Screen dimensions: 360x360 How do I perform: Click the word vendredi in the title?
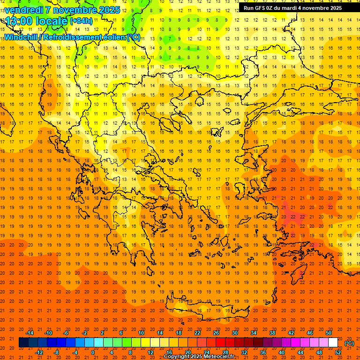[x=24, y=10]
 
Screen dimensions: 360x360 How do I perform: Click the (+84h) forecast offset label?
[x=81, y=21]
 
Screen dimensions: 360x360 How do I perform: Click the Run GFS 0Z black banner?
[x=293, y=8]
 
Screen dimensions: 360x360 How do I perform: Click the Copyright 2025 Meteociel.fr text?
[x=199, y=356]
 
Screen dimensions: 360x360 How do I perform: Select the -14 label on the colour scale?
[x=29, y=333]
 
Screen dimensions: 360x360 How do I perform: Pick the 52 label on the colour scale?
[x=338, y=352]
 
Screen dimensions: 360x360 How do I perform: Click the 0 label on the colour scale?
[x=92, y=352]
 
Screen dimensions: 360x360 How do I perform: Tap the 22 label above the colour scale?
[x=197, y=333]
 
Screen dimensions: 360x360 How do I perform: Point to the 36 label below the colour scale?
[x=263, y=352]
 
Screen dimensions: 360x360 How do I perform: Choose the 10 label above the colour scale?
[x=141, y=333]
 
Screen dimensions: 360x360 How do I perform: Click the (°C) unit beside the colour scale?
[x=349, y=343]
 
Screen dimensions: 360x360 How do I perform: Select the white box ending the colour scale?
[x=333, y=343]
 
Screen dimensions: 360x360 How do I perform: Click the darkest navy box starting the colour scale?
[x=23, y=343]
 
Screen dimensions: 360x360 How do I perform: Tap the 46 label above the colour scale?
[x=310, y=333]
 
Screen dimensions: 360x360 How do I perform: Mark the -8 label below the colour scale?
[x=57, y=352]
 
